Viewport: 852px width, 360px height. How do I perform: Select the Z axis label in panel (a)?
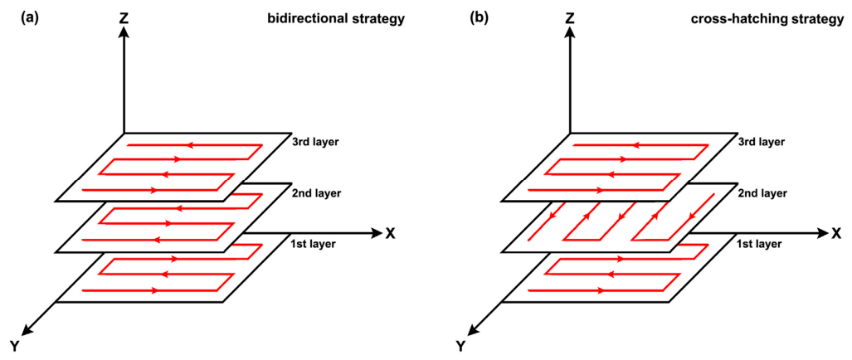pos(124,18)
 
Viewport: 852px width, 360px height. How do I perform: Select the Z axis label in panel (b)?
pos(570,18)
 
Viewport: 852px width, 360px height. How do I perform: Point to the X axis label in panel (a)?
pos(391,233)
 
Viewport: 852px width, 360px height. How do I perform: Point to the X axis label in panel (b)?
pos(836,233)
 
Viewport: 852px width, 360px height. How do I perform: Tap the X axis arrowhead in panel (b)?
pos(822,233)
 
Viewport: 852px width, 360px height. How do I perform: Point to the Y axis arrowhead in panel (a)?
pos(30,326)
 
